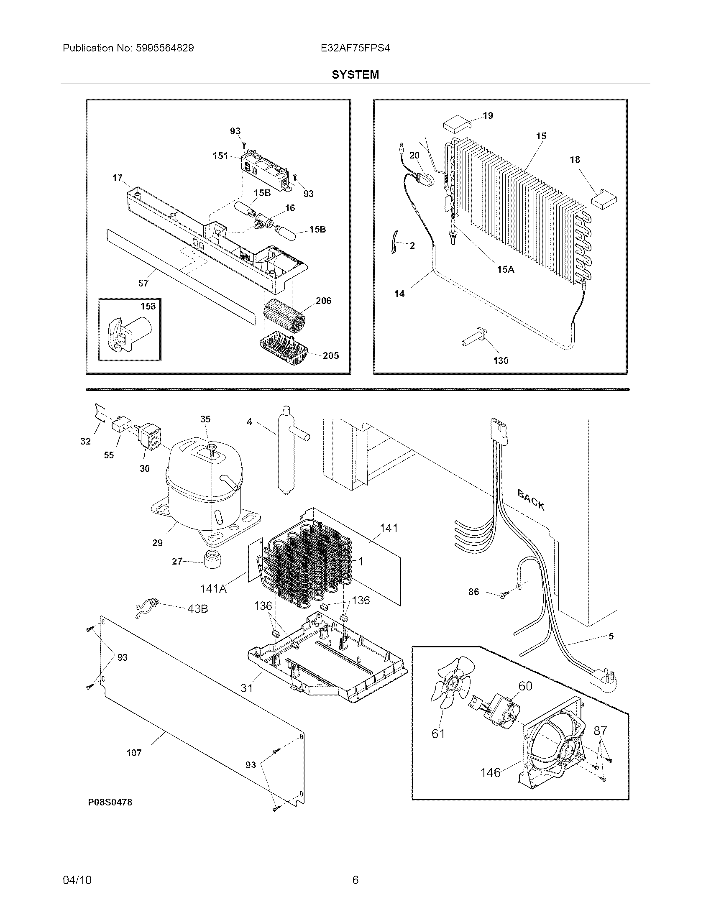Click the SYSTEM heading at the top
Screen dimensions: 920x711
coord(355,74)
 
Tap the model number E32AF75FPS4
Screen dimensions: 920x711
coord(355,48)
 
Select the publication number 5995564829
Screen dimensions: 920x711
coord(165,48)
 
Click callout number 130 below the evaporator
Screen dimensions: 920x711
coord(500,360)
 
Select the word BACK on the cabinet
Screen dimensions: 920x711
coord(531,501)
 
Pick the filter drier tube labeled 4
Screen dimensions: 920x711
coord(286,451)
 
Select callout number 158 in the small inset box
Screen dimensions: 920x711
coord(148,306)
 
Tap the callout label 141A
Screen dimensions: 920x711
coord(213,588)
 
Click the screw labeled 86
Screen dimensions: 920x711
coord(502,595)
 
